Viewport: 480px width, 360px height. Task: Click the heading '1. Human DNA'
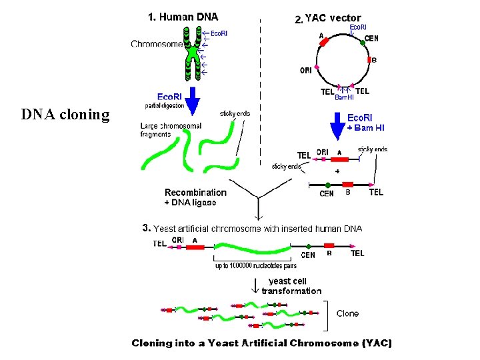click(183, 17)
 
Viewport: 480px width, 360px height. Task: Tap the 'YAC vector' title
click(333, 19)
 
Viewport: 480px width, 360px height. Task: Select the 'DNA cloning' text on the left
click(65, 115)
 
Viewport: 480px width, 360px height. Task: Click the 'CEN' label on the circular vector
click(371, 39)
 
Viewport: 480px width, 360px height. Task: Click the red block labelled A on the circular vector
click(324, 42)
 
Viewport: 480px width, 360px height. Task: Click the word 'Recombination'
click(195, 193)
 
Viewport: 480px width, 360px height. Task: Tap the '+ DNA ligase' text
click(190, 203)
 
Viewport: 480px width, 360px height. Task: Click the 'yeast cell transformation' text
click(291, 286)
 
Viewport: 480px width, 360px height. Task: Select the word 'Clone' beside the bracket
click(347, 313)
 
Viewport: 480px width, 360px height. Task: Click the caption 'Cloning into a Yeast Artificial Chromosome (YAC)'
click(262, 343)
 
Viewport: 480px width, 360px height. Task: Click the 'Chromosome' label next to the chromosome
click(156, 44)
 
